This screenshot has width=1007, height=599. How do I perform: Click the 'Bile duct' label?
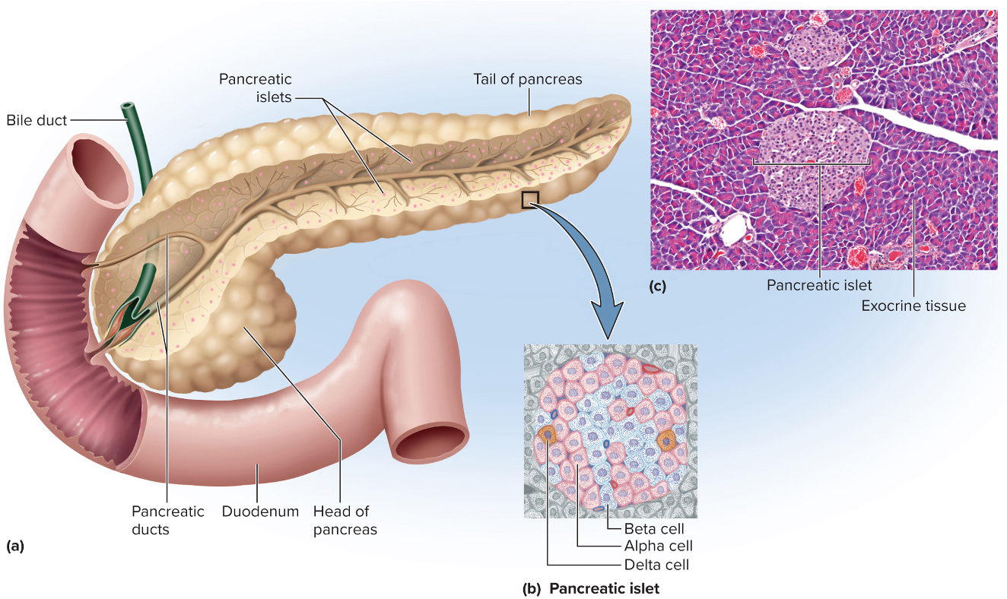37,120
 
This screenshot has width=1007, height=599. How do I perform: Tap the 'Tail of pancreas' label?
527,80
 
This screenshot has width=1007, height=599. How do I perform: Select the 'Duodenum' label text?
260,512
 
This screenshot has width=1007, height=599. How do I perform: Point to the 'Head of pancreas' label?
345,521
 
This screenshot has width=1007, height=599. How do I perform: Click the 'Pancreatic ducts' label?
167,521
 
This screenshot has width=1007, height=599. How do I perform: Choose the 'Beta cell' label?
654,529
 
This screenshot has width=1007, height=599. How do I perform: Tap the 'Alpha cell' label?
658,546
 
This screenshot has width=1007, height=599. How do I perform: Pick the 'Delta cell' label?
656,565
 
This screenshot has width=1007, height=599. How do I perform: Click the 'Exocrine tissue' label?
913,306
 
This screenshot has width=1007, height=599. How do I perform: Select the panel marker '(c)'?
658,287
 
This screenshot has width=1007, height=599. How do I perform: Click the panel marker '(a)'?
15,547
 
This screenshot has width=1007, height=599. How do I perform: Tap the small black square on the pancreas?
530,200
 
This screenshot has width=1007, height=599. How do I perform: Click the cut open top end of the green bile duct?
127,108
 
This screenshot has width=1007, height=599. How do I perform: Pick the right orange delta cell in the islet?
666,440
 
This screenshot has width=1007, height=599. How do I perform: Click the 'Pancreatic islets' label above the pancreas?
255,88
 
